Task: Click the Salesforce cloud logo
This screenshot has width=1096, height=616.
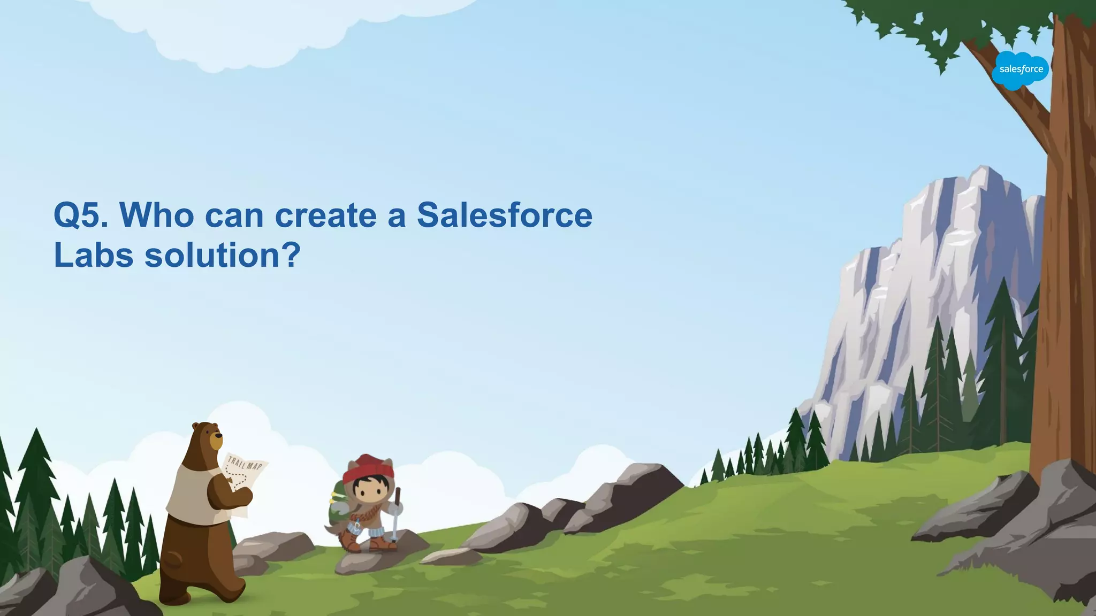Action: click(1020, 70)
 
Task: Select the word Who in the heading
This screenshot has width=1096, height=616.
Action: click(157, 215)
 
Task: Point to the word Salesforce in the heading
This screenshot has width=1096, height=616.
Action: click(504, 215)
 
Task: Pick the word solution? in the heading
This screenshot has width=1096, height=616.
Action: click(222, 256)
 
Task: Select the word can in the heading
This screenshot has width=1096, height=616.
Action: click(234, 215)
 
